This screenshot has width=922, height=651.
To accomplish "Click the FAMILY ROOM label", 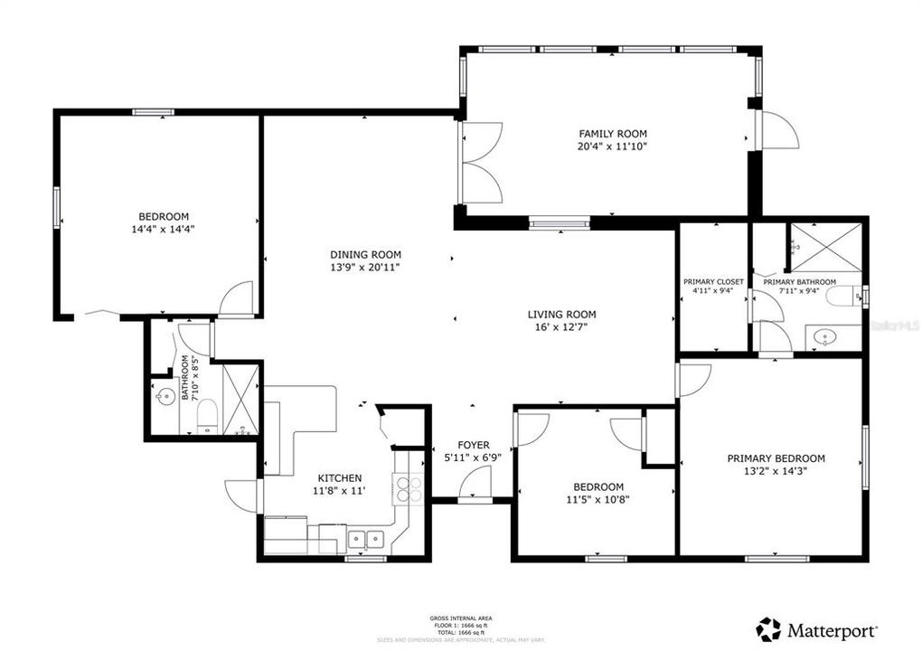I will pos(613,133).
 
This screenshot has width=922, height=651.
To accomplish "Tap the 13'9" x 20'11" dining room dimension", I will pos(365,268).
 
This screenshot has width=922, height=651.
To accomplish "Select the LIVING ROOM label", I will pos(562,315).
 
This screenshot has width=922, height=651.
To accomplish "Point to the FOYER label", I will pos(473,445).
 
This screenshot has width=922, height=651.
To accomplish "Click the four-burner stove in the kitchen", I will pos(409,488).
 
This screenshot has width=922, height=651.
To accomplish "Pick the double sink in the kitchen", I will pos(367,540).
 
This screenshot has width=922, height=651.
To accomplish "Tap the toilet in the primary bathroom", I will pos(846,297).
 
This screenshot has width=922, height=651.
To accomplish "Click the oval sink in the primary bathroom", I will pos(825,338).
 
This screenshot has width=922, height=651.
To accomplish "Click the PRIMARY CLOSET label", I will pos(713,282).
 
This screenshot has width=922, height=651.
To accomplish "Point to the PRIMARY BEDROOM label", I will pos(776,458).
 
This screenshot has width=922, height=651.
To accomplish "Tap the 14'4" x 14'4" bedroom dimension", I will pos(164,229).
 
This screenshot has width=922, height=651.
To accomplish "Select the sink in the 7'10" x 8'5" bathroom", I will pos(165,397).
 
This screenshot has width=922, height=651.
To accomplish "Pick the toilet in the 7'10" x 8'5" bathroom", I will pos(207,417).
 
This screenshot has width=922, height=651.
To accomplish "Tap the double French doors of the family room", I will pos(481,163).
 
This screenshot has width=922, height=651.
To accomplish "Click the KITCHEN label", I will pos(340,478).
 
